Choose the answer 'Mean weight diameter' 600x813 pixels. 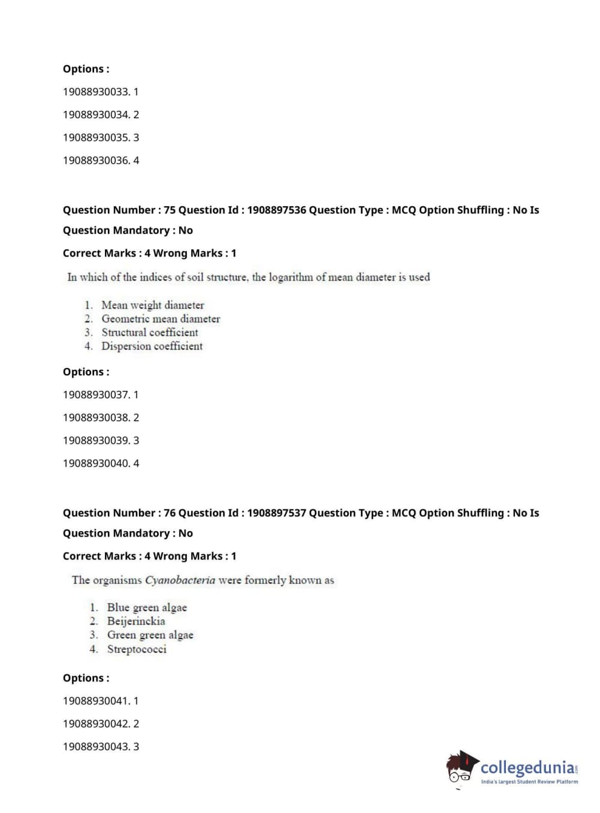(152, 305)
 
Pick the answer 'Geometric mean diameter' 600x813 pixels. (161, 319)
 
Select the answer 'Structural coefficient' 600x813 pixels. (149, 332)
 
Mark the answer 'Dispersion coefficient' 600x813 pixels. (152, 346)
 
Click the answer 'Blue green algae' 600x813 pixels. (147, 607)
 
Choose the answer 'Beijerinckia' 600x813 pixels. (136, 621)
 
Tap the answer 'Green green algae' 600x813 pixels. (150, 635)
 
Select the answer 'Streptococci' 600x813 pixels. (137, 649)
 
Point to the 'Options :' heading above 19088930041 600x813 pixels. (86, 678)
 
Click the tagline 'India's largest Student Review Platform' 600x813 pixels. (529, 782)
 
